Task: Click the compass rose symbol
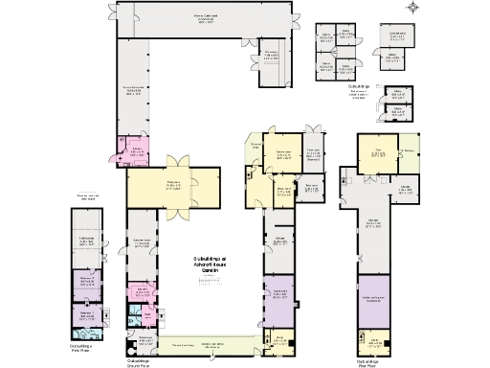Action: tap(412, 9)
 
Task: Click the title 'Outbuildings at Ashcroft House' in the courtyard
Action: tap(208, 265)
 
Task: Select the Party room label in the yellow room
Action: tap(172, 186)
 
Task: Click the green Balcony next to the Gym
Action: tap(408, 150)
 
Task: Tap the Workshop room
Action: tap(273, 56)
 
